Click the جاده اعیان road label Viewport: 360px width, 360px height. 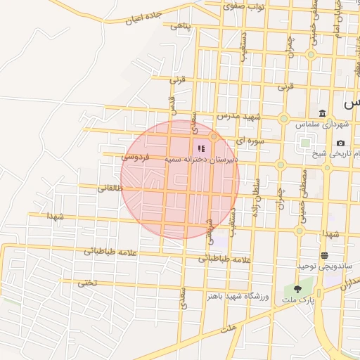(145, 18)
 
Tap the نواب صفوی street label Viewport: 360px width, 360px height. (243, 6)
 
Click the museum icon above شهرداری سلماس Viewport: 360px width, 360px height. (322, 114)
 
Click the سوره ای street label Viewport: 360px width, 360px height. (250, 141)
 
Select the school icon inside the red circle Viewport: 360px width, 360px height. (201, 149)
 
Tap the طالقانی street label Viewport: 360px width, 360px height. (109, 188)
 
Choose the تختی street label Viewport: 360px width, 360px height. (86, 284)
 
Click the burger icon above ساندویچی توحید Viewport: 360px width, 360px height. (324, 255)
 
